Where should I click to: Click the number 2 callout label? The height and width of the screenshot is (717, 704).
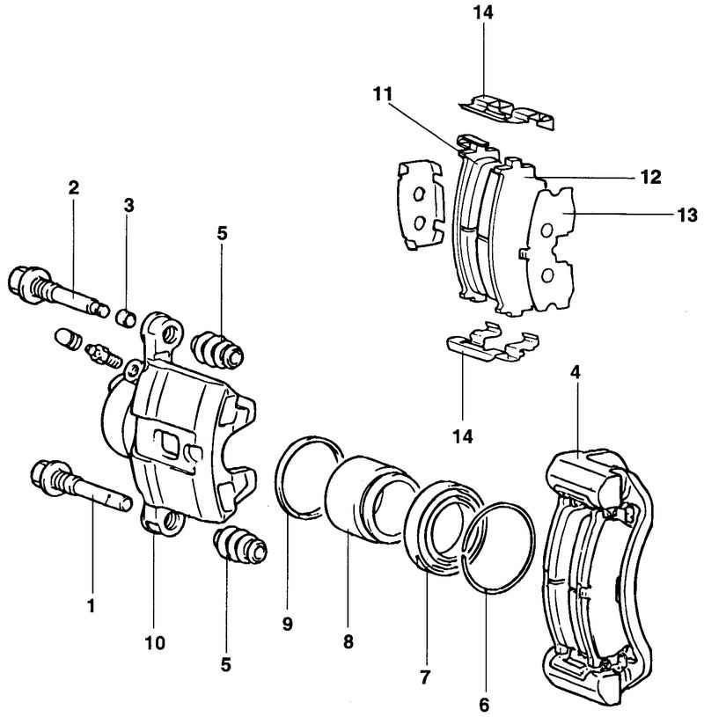point(74,187)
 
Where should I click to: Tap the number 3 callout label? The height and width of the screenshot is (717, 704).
point(129,205)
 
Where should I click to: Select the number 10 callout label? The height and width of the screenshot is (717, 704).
point(155,642)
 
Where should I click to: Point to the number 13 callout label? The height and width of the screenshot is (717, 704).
point(686,215)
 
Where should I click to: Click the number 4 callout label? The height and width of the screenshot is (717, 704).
point(575,373)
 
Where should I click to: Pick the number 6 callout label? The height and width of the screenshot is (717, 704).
point(484,705)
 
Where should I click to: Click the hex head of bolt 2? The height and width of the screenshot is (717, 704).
point(22,282)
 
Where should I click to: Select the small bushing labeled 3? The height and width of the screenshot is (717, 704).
point(127,318)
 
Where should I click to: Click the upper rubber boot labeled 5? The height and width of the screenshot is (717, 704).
point(217,351)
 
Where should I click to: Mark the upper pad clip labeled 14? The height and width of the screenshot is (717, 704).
point(507,111)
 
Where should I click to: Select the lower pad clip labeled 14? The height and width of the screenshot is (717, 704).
point(492,342)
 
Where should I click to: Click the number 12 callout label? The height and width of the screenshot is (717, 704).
point(651,177)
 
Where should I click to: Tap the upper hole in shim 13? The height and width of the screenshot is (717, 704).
point(546,230)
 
